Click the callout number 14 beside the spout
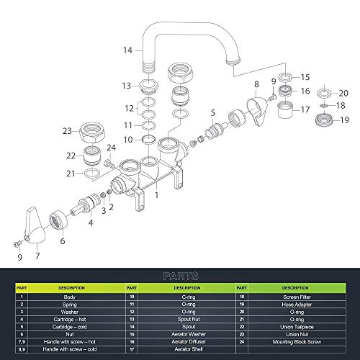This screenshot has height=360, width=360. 127,50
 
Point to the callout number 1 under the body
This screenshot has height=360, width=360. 156,194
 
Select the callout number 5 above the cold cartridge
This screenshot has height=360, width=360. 212,112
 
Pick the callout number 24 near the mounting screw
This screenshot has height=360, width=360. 110,148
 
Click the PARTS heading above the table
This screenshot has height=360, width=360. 179,275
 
